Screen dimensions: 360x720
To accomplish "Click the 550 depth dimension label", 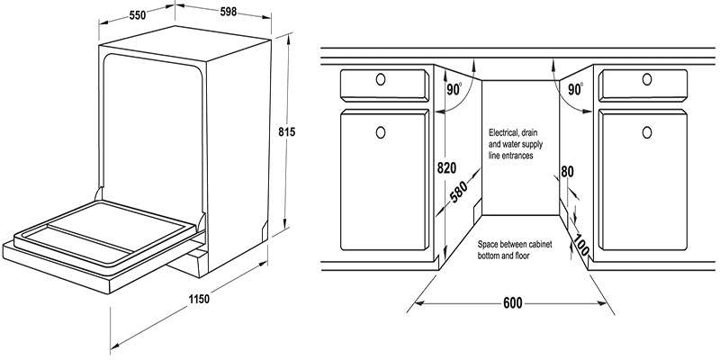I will tap(138, 16).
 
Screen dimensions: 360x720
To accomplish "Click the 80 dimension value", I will tap(567, 172).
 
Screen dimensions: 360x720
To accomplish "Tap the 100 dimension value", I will tap(581, 245).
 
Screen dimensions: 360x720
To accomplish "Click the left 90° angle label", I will tap(453, 89).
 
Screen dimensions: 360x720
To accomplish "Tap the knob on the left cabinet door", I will tap(380, 133).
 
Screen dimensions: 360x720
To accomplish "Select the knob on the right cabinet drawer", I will tap(645, 80).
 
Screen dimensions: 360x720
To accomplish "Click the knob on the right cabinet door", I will tap(645, 133).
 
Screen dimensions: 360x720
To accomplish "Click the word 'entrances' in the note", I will tap(518, 156).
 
